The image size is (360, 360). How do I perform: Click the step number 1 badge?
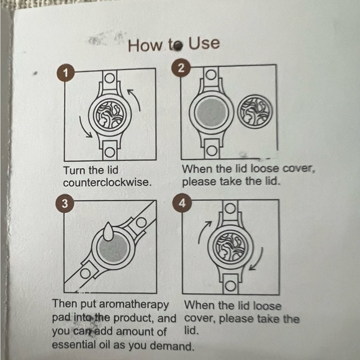(66, 73)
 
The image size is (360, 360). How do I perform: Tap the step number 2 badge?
(181, 68)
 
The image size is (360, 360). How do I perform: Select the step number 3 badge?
(65, 204)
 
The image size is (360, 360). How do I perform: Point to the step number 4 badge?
(182, 203)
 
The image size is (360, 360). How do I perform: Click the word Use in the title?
(204, 43)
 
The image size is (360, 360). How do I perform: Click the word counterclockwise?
(107, 182)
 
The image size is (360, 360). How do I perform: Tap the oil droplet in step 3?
(107, 231)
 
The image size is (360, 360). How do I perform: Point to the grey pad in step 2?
(212, 112)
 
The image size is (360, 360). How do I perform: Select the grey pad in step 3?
(114, 248)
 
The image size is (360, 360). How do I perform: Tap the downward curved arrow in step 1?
(83, 128)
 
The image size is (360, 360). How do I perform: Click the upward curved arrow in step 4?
(201, 230)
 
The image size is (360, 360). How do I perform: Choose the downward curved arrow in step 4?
(260, 260)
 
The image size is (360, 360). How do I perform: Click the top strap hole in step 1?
(110, 78)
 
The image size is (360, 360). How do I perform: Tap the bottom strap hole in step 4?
(230, 286)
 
